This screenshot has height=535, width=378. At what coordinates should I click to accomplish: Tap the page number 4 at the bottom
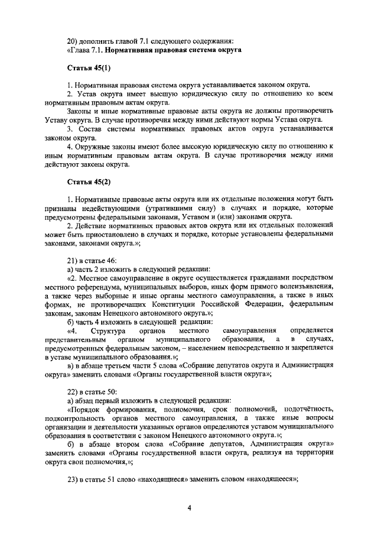[189, 508]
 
